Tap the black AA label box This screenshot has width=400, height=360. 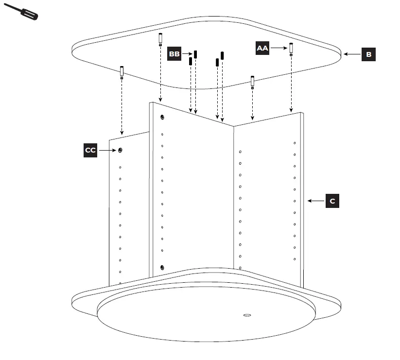[x=262, y=48]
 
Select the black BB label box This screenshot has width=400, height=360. [x=174, y=53]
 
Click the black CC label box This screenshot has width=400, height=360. [x=90, y=151]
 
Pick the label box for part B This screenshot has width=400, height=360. [x=368, y=54]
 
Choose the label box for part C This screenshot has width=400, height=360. [x=332, y=201]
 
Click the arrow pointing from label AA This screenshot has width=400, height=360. [x=278, y=48]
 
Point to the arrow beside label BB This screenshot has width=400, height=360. [x=187, y=54]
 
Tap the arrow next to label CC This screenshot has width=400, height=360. [x=107, y=151]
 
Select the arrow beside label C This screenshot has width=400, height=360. [x=315, y=201]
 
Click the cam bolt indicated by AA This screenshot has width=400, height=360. [x=291, y=49]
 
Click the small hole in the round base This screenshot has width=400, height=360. [x=247, y=315]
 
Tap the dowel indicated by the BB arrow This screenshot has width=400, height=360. [x=195, y=54]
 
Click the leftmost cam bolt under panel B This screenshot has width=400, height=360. [x=122, y=72]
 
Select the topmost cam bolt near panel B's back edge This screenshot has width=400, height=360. [x=160, y=38]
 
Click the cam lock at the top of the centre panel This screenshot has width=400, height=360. [x=162, y=117]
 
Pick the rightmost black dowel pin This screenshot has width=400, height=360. [x=222, y=55]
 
